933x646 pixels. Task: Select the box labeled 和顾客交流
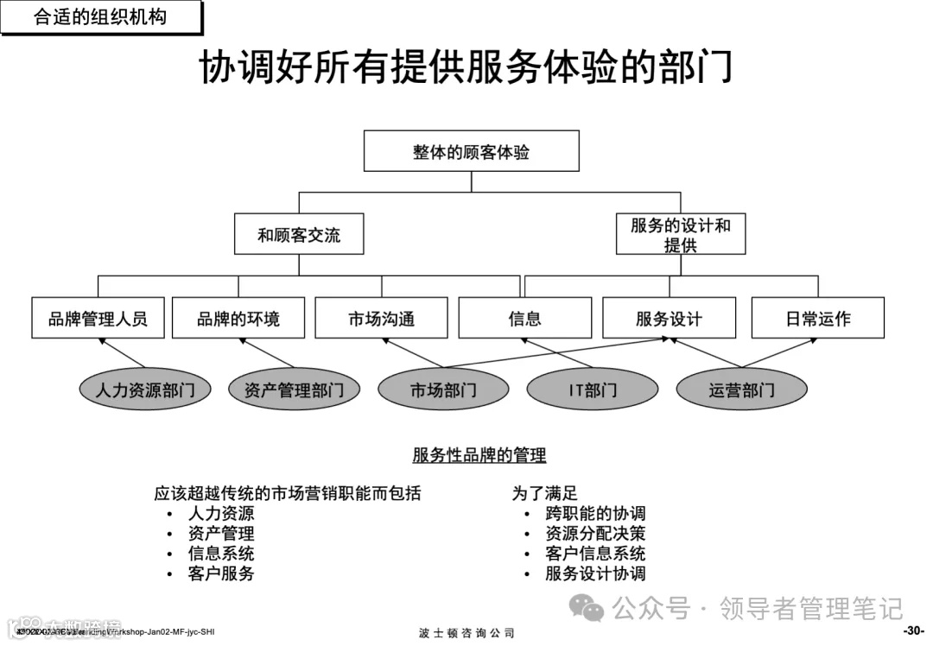299,234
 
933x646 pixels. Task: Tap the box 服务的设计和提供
680,234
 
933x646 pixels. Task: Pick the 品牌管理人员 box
98,318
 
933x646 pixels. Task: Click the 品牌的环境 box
238,318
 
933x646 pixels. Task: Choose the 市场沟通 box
381,318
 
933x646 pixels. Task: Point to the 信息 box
524,318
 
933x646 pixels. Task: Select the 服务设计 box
669,318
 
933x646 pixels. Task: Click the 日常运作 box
817,318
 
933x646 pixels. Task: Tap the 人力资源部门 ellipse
145,389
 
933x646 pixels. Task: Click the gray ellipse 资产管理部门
294,389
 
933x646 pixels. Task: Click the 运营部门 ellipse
741,389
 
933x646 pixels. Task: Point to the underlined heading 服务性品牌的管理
479,455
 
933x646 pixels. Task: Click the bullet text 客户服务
221,573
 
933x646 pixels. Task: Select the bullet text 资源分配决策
595,533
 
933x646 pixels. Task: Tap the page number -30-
914,630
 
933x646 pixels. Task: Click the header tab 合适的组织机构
100,16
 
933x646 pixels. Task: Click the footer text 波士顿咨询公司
466,633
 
